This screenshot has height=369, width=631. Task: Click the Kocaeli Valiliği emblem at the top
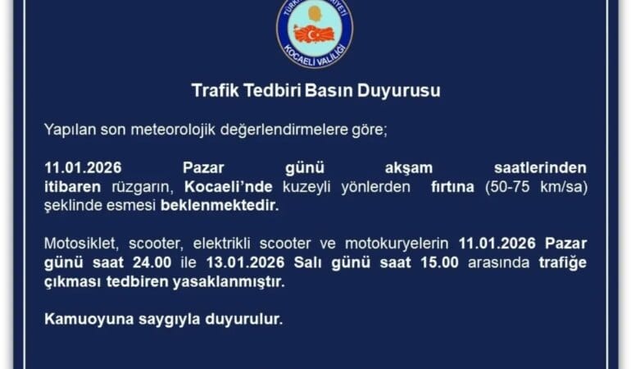click(315, 32)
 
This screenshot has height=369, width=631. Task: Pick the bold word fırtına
click(452, 186)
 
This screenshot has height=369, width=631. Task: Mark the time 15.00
click(435, 262)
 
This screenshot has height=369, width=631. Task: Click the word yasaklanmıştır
click(231, 281)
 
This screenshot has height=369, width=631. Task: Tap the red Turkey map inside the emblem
click(315, 34)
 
